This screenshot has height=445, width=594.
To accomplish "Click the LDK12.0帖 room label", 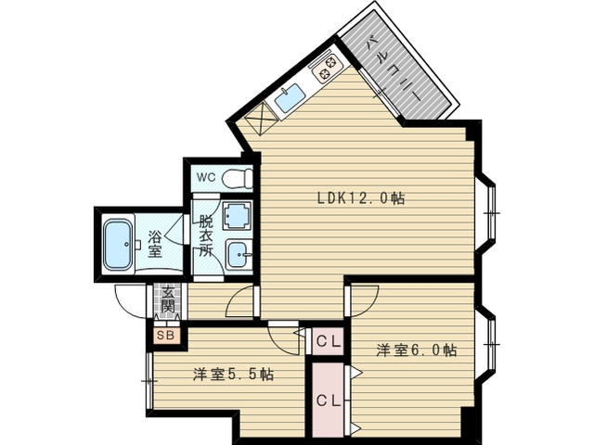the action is (x=361, y=197).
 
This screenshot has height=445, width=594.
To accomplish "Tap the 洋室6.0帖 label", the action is (x=416, y=350).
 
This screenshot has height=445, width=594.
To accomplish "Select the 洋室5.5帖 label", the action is (x=233, y=375).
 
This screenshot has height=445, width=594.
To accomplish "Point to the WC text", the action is (x=206, y=177).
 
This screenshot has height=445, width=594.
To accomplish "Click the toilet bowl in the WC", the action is (x=238, y=178).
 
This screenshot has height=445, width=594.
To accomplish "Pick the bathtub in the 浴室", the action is (x=118, y=245).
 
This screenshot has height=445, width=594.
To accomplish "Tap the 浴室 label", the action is (x=155, y=244).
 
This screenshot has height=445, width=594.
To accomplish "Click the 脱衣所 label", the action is (x=206, y=235).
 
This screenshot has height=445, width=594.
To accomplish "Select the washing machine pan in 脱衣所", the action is (x=238, y=216).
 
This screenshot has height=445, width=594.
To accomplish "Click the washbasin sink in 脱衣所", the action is (x=239, y=254).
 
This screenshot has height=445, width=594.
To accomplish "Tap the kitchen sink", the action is (x=290, y=97).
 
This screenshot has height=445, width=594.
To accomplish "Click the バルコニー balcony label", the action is (x=394, y=69).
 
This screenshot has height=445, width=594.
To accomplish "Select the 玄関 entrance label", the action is (x=167, y=300).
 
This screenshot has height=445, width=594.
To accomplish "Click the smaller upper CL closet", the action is (x=328, y=342).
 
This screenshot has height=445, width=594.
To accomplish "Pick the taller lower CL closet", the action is (x=328, y=400).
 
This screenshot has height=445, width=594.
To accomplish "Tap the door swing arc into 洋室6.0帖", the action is (x=373, y=305).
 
